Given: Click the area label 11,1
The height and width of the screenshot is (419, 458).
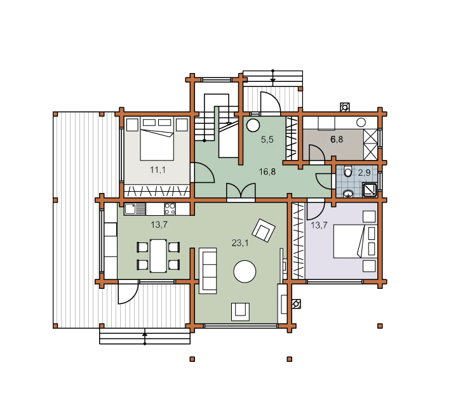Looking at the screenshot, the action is tap(158, 170).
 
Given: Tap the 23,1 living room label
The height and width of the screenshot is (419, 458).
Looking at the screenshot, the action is tap(240, 243).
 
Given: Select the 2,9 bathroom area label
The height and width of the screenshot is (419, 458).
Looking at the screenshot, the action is tap(364, 173).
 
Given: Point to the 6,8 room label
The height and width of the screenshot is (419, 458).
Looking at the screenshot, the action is tap(337, 139).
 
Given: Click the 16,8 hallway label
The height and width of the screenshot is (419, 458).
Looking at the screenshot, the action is tap(267, 171).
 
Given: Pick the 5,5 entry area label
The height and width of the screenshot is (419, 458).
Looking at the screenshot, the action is tap(267, 140).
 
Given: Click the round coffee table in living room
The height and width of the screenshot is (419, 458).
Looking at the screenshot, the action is tap(245, 271).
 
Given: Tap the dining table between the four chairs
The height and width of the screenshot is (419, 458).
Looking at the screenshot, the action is tap(158, 256).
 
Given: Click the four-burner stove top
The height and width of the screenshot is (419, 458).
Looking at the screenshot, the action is tap(170, 209).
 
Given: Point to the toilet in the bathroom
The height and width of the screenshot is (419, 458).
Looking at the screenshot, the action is tap(347, 171).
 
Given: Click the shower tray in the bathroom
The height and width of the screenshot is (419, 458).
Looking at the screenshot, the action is tap(370, 189).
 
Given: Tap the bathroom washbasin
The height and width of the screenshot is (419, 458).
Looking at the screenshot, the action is tap(347, 193).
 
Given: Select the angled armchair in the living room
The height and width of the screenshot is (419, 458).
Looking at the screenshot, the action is tap(264, 230).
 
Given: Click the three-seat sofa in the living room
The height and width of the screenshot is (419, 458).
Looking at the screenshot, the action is tap(208, 270).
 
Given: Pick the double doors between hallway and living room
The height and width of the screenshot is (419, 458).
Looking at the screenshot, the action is tap(241, 191).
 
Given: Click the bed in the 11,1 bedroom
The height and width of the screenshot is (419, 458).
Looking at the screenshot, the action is tap(157, 138).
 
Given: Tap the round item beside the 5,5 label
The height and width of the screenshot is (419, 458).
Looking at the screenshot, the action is tap(253, 126).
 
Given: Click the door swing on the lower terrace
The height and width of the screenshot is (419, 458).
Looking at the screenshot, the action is tap(128, 292).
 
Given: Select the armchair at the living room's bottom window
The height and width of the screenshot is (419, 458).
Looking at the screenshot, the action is tap(240, 312).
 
